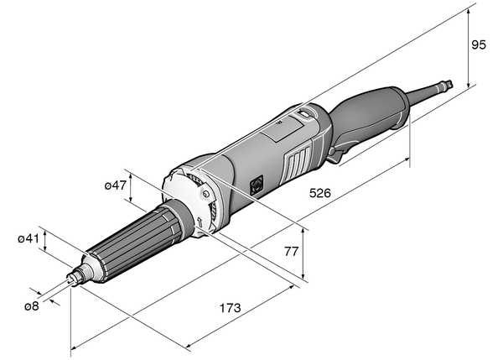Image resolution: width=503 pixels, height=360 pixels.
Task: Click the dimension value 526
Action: click(x=319, y=192)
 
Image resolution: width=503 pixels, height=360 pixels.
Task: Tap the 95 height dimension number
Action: click(x=479, y=45)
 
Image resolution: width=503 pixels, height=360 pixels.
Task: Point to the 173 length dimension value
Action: click(x=229, y=308)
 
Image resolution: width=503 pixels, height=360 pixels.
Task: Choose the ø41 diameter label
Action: click(x=29, y=239)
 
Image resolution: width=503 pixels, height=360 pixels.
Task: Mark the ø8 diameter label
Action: click(x=31, y=306)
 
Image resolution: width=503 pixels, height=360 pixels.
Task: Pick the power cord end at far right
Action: click(x=450, y=83)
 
